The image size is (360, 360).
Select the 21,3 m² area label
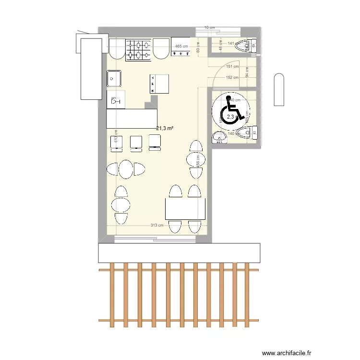point(165,128)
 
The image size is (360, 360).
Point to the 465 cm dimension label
point(181,47)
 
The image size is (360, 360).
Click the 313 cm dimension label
point(157,225)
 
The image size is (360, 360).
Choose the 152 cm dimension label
point(232,77)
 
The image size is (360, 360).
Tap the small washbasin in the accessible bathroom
point(219,138)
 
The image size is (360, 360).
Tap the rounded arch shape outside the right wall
point(279,89)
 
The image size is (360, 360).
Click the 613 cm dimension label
point(116,137)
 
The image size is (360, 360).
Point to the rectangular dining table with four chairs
point(185,209)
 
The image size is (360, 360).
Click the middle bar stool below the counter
point(136,142)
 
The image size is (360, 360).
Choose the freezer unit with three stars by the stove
point(180,49)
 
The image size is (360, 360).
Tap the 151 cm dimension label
point(232,67)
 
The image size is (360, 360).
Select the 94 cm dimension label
point(247,72)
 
